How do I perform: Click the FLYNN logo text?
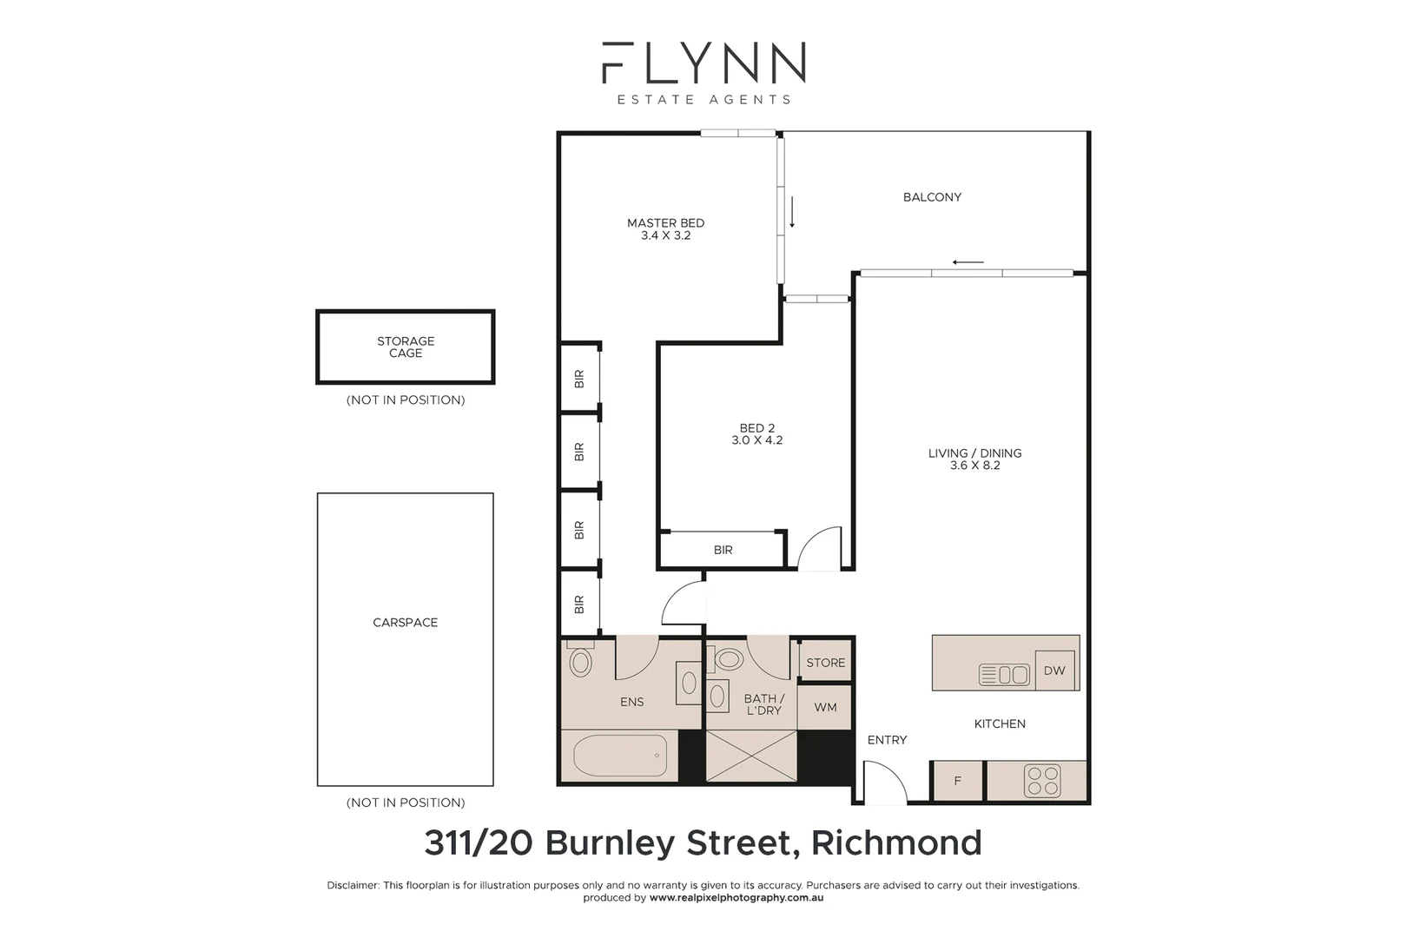[703, 63]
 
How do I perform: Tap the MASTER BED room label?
[665, 223]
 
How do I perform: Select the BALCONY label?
[932, 197]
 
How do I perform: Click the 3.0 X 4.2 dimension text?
[756, 440]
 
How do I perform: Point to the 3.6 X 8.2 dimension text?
[974, 466]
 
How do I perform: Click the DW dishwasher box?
[1054, 670]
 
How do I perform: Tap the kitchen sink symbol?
[1004, 674]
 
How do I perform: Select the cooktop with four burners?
[1041, 780]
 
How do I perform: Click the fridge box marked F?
[957, 781]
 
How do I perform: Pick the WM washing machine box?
[824, 707]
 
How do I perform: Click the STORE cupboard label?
[825, 663]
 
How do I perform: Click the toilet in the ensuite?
[580, 663]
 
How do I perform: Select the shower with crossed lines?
[750, 756]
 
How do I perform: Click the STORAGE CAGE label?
[406, 347]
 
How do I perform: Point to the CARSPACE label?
[405, 623]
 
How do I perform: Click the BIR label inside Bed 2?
[723, 550]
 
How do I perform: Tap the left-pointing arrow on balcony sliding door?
[968, 262]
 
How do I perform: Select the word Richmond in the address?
[895, 842]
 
